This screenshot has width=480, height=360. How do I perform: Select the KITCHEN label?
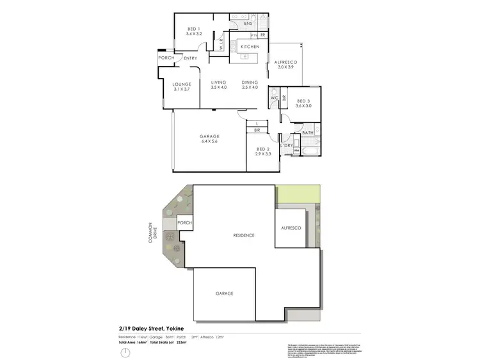[249, 47]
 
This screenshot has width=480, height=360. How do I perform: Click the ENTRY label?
[190, 59]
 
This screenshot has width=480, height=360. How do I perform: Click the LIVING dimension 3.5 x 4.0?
[219, 88]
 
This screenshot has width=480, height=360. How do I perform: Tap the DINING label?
[249, 82]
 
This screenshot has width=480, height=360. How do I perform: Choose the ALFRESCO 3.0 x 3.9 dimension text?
[284, 67]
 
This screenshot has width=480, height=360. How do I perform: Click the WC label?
[273, 98]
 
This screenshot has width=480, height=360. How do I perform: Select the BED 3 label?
[303, 101]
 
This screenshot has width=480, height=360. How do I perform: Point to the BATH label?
[307, 133]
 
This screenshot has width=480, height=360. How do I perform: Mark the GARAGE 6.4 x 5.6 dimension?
[210, 141]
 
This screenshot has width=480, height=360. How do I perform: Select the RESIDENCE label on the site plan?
[243, 235]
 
